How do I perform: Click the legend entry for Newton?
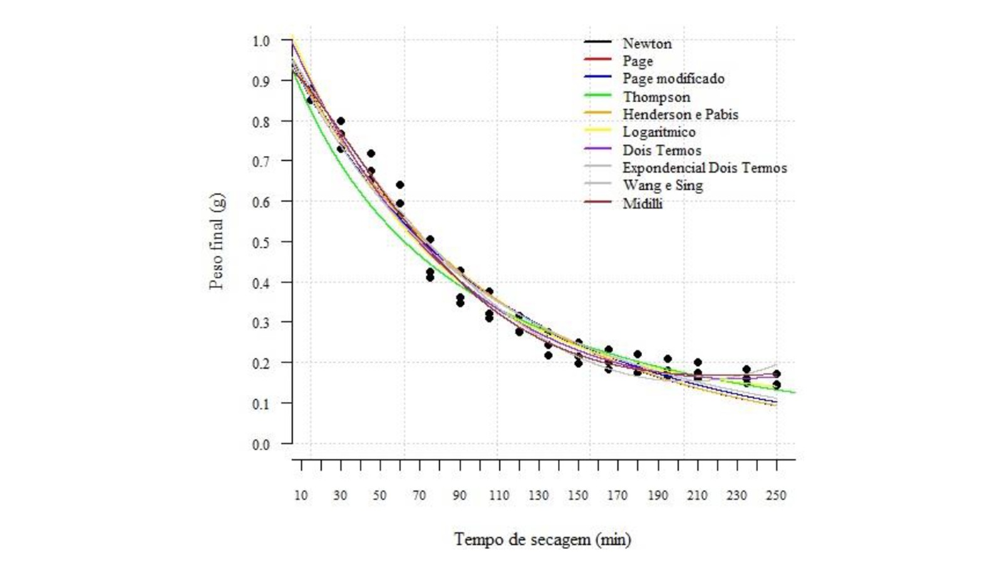tap(647, 43)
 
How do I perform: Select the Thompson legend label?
tap(656, 97)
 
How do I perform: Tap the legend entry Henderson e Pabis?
tap(680, 114)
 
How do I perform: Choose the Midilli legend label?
tap(643, 204)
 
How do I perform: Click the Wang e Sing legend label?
tap(663, 185)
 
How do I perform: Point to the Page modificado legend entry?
tap(673, 79)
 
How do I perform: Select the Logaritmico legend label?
tap(659, 132)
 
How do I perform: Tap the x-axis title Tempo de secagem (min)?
tap(542, 540)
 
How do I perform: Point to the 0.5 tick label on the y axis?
tap(261, 242)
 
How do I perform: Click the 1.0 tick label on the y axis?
tap(261, 41)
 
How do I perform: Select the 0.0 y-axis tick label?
tap(261, 445)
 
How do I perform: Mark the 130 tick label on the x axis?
tap(539, 496)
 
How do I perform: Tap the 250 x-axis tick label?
tap(776, 496)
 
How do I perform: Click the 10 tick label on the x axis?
tap(301, 496)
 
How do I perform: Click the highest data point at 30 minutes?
tap(341, 121)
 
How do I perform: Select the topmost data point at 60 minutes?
tap(400, 185)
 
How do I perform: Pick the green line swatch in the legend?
tap(597, 95)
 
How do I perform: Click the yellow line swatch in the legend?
tap(597, 130)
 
